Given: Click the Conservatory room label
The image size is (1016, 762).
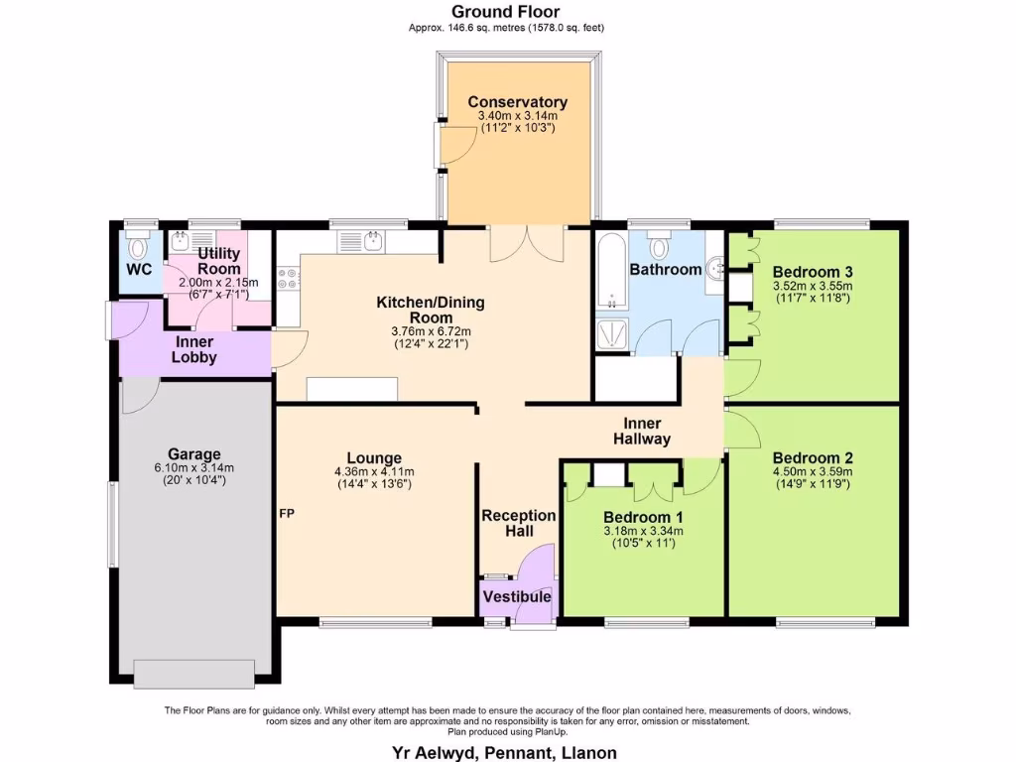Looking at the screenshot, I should pos(517,102).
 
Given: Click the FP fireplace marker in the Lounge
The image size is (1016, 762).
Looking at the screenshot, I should pos(286,514).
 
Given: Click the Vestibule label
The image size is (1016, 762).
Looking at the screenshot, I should pos(516,597).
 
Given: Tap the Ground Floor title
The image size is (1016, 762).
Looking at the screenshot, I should pos(507,12).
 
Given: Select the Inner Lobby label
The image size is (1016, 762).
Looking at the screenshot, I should pos(195,349).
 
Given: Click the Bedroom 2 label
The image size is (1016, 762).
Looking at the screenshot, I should pos(813,458).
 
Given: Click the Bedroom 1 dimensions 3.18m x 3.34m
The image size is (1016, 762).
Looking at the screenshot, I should pos(642,531).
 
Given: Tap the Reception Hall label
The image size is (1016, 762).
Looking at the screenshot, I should pos(518,523).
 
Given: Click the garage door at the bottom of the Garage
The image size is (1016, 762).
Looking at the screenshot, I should pos(194,674).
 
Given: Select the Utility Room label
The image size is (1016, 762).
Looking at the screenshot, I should pos(218,261).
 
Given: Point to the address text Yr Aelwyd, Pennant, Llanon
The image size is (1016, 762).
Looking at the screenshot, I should pos(507,753).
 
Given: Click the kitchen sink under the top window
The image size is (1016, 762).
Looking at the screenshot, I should pos(361,241).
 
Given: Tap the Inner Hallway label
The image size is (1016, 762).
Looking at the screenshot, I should pos(641,431).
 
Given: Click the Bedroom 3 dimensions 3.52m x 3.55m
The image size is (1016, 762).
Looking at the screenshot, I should pos(813,286).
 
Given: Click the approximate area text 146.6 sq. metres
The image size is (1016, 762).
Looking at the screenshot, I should pos(506,28).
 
